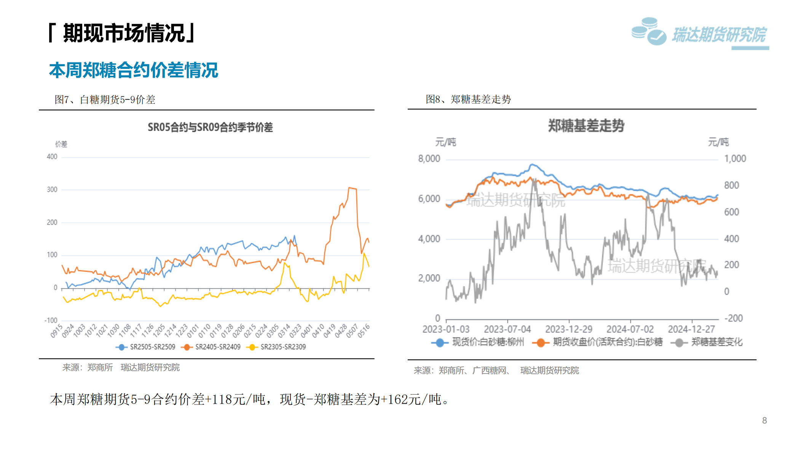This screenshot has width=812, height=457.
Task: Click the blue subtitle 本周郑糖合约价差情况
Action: click(x=134, y=70)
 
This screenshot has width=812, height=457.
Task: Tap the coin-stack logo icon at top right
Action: click(x=649, y=32)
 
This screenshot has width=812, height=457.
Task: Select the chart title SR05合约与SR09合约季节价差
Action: click(x=210, y=127)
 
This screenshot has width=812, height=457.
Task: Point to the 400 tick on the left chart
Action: click(x=52, y=157)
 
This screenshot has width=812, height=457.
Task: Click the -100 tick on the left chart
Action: click(x=51, y=320)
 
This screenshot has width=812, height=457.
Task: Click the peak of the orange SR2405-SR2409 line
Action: click(x=349, y=188)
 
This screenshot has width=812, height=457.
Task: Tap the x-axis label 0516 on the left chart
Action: click(x=364, y=331)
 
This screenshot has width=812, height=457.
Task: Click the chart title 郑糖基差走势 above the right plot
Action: click(x=586, y=126)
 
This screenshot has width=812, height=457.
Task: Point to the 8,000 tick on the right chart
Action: click(x=429, y=159)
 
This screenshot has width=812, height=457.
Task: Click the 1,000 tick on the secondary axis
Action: click(x=735, y=159)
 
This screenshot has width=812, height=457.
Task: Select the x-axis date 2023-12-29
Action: click(x=569, y=329)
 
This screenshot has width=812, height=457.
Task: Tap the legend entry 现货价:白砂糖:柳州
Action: click(x=488, y=342)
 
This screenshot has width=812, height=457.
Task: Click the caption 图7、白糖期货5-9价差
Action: click(x=105, y=100)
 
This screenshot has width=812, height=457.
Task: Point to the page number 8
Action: click(x=764, y=420)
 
